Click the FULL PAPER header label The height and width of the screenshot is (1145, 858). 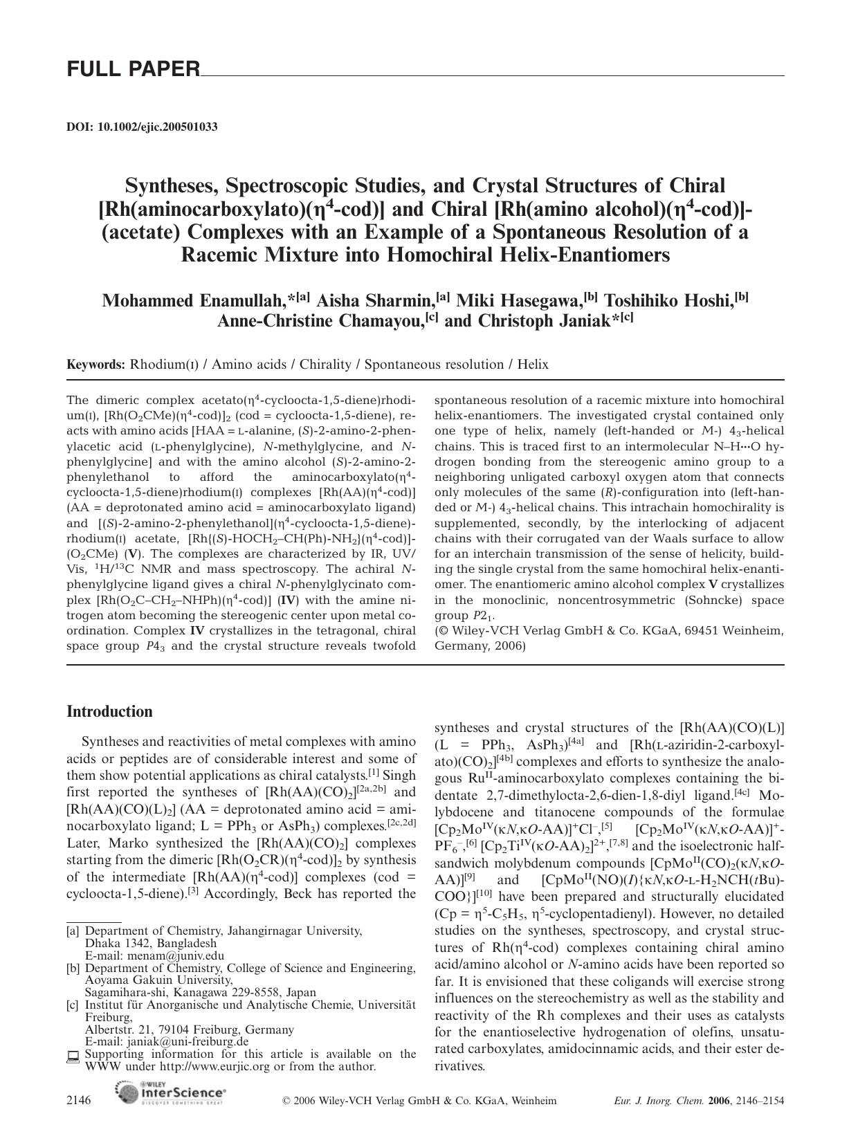click(x=133, y=69)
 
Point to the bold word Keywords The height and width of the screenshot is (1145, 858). click(x=95, y=365)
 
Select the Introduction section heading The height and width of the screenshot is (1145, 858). click(x=109, y=711)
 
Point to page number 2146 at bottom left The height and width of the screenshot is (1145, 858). click(x=79, y=1101)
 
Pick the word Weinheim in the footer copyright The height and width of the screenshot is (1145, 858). click(x=533, y=1101)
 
